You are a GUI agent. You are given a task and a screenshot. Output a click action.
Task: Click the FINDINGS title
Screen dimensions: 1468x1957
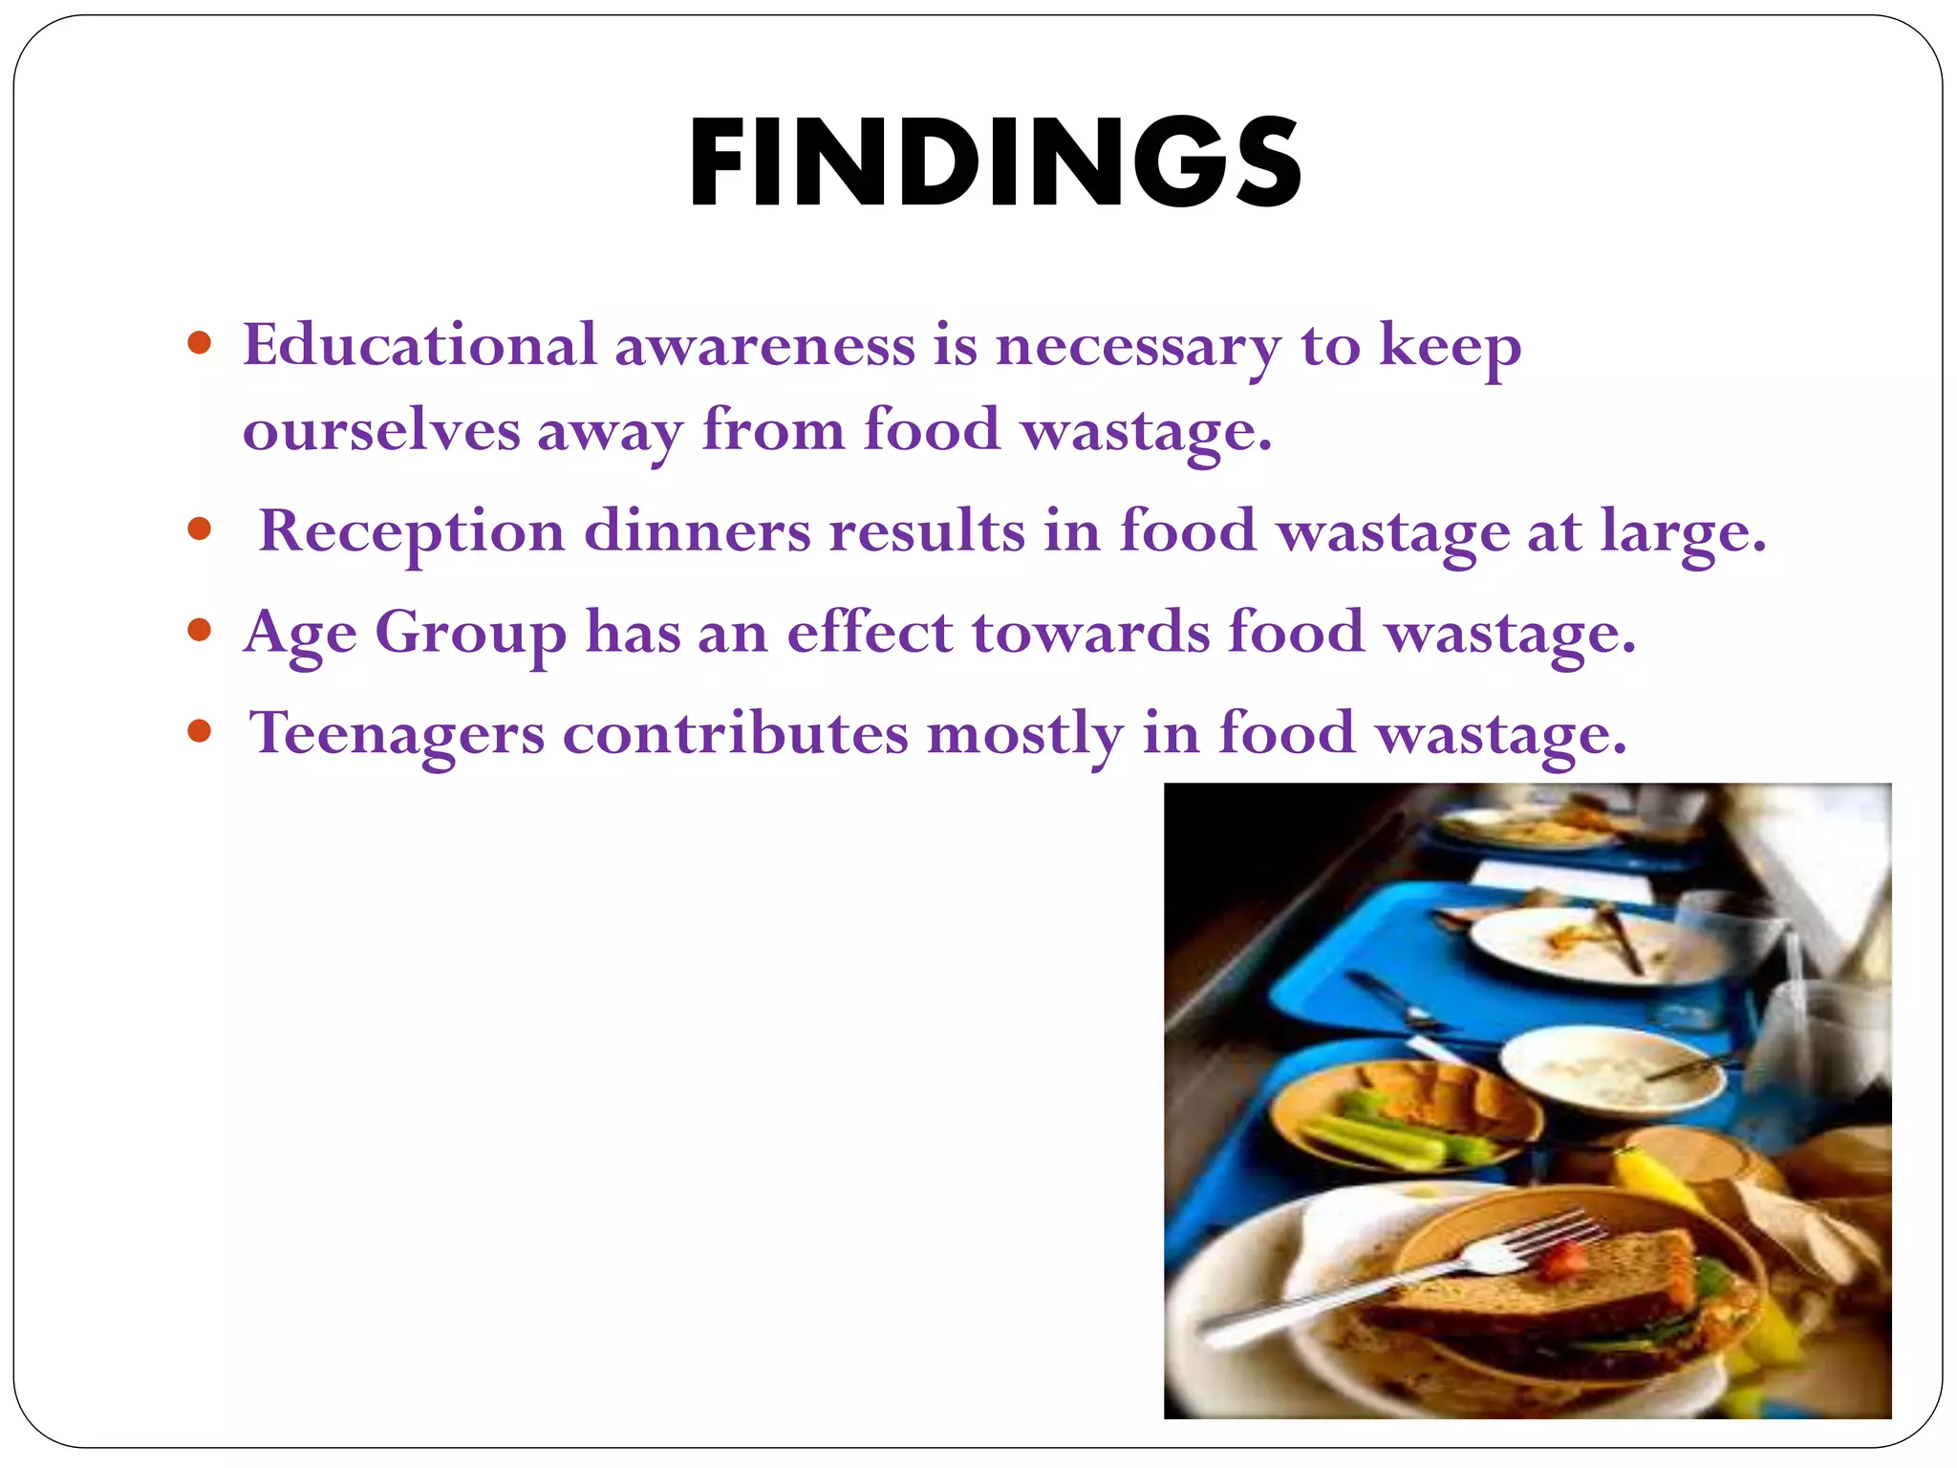tap(994, 162)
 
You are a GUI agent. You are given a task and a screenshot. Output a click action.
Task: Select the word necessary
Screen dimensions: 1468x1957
tap(1137, 346)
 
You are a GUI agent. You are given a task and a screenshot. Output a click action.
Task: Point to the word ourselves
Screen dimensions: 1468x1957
tap(381, 430)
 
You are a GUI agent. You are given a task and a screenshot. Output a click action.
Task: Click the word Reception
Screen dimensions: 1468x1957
tap(412, 531)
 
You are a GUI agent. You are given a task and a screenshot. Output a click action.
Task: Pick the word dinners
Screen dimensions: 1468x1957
tap(697, 530)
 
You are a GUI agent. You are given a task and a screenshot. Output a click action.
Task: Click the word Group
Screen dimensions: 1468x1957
tap(470, 633)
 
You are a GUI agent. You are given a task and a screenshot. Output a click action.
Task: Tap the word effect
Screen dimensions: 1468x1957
tap(870, 632)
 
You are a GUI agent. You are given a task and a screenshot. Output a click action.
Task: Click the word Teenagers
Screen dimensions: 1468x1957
tap(397, 733)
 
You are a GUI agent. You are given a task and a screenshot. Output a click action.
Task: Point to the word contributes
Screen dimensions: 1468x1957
tap(735, 733)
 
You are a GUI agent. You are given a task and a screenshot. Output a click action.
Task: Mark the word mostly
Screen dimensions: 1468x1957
tap(1024, 735)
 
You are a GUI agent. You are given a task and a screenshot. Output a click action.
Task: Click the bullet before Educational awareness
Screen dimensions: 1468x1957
tap(199, 343)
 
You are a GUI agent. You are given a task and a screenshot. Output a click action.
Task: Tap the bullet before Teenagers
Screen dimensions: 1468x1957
tap(199, 732)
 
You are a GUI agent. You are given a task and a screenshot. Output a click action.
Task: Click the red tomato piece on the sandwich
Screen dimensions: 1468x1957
tap(1561, 1261)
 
